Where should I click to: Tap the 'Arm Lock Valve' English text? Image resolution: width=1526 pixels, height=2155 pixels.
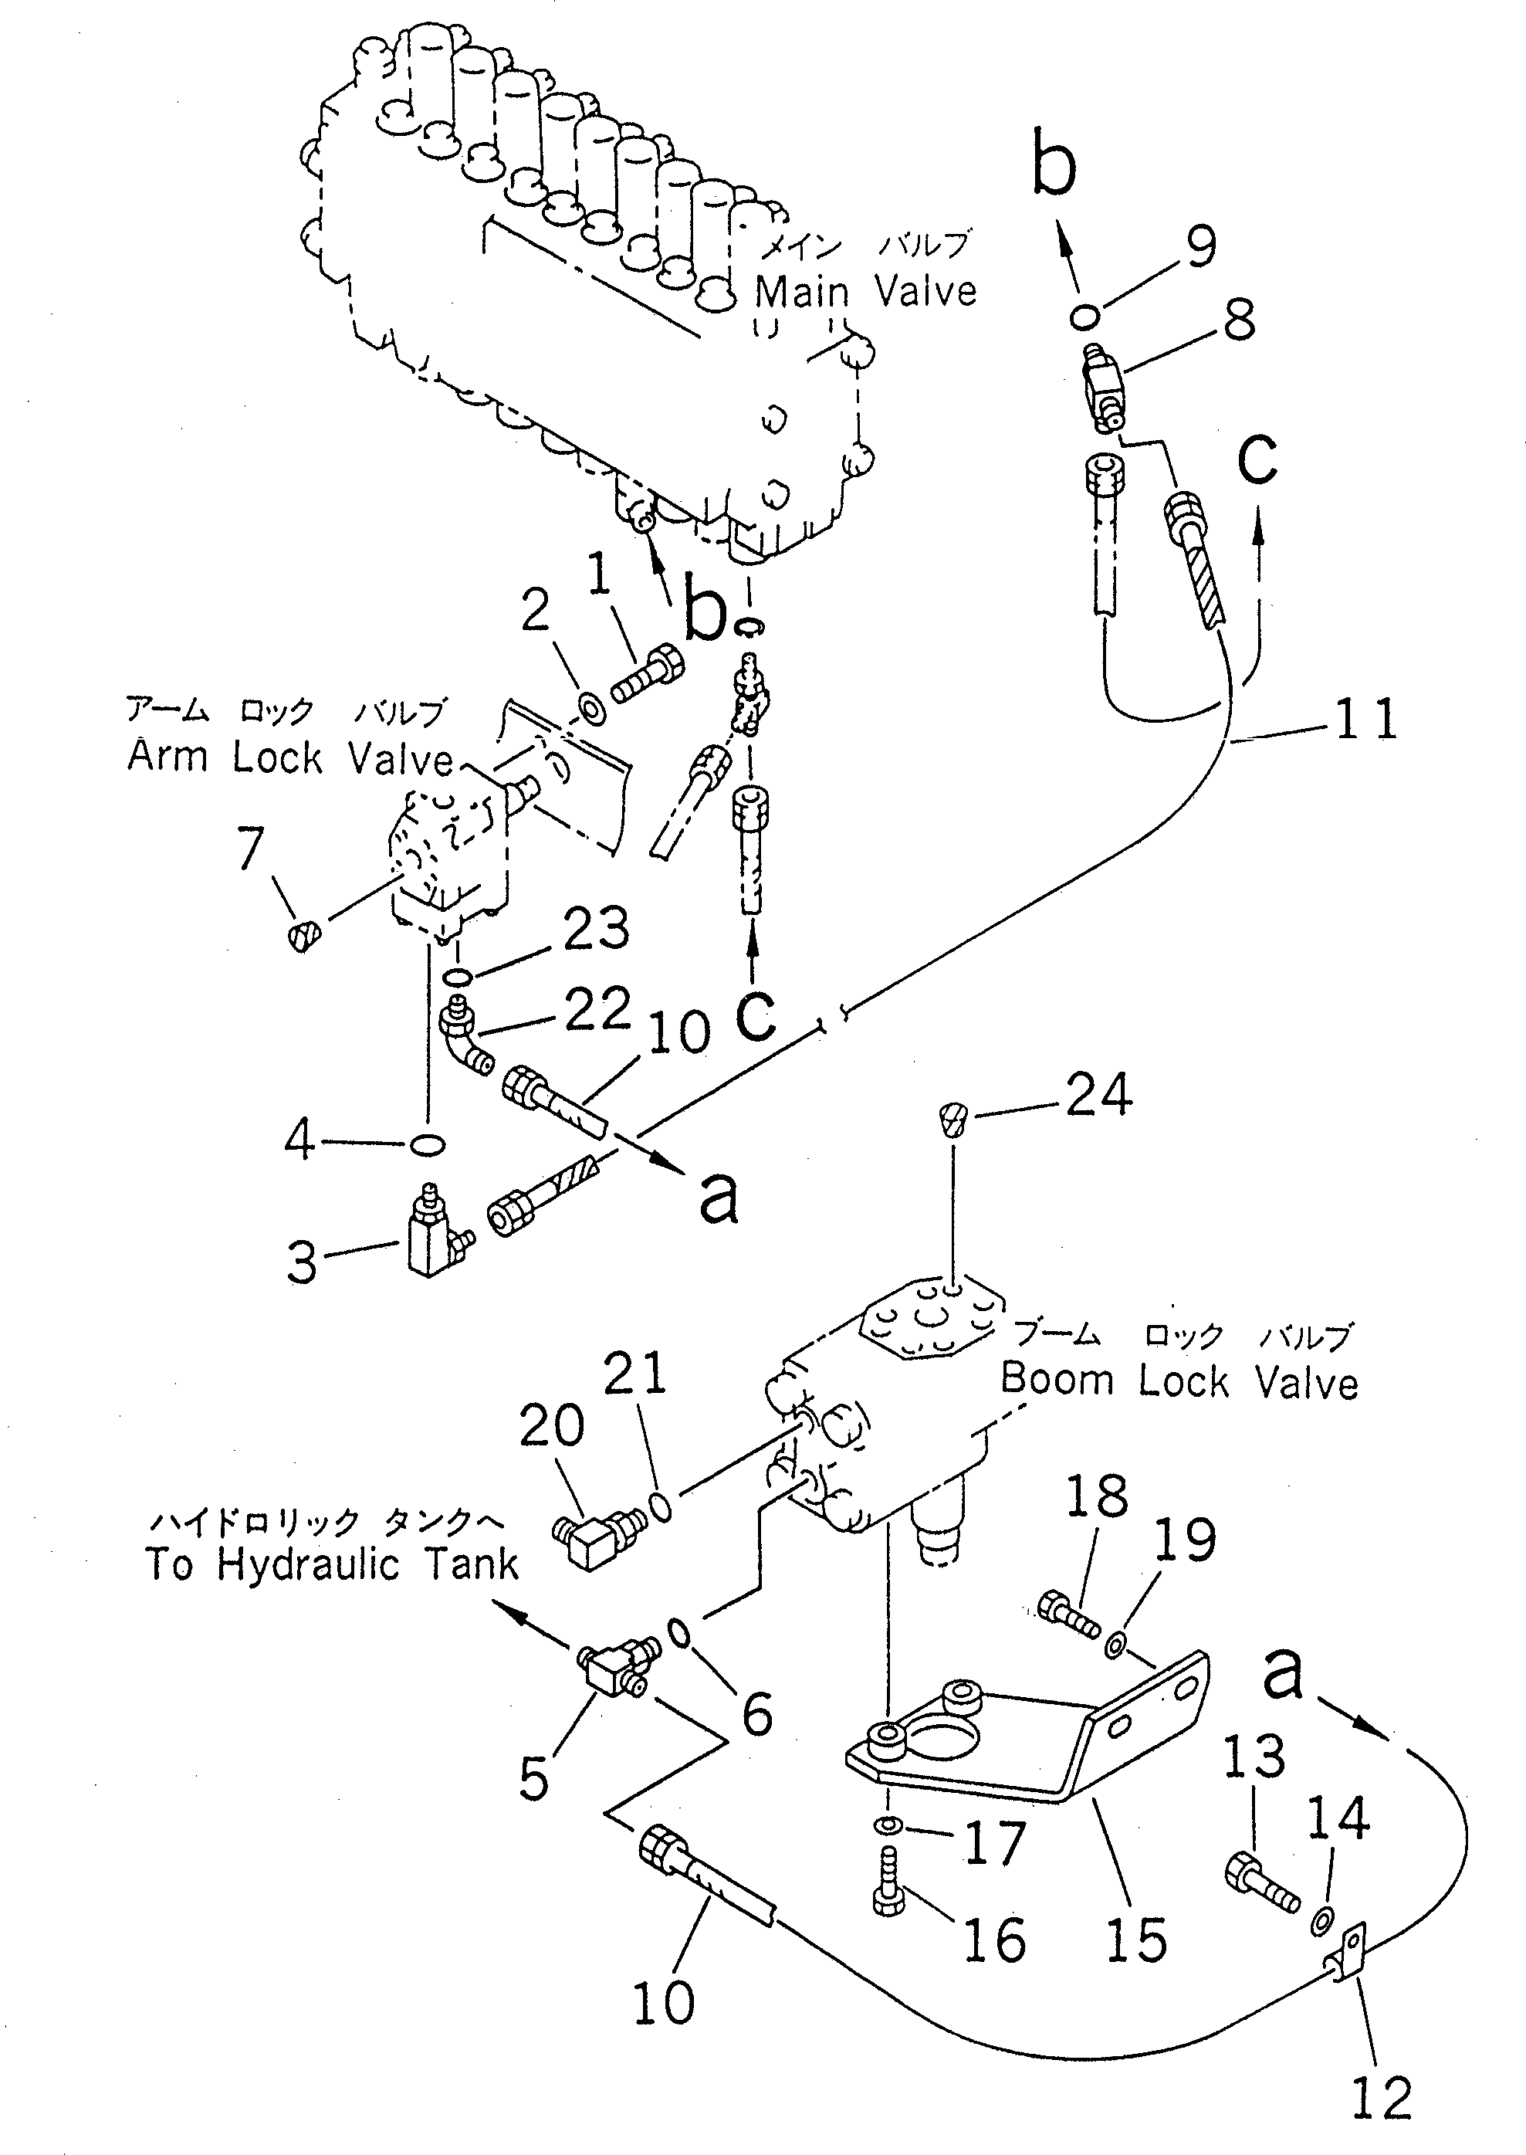pos(290,757)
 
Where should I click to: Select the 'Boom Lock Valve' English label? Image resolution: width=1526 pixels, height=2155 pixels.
pos(1179,1380)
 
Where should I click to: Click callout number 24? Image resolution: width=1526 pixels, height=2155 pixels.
pos(1098,1095)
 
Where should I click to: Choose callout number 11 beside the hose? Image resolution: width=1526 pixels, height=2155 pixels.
pos(1365,719)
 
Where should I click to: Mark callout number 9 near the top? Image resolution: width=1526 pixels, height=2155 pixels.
pos(1201,246)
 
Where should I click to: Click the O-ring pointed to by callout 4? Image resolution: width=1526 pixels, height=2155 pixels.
pos(428,1144)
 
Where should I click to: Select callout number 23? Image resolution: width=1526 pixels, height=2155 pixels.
pos(596,929)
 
